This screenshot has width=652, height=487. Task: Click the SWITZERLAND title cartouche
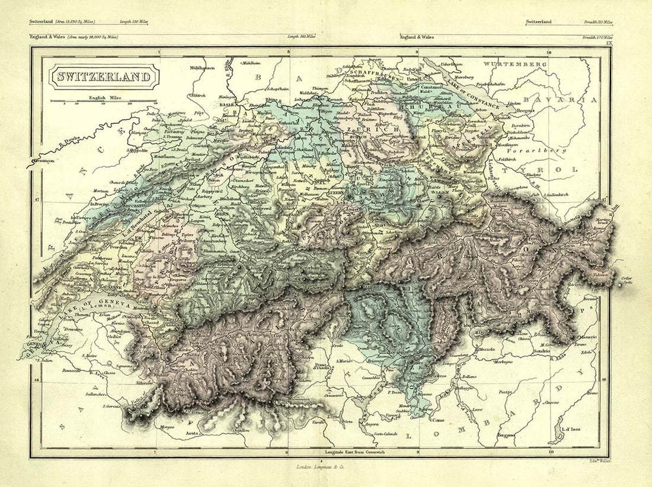pyautogui.click(x=104, y=77)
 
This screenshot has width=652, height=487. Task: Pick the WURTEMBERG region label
pyautogui.click(x=514, y=63)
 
